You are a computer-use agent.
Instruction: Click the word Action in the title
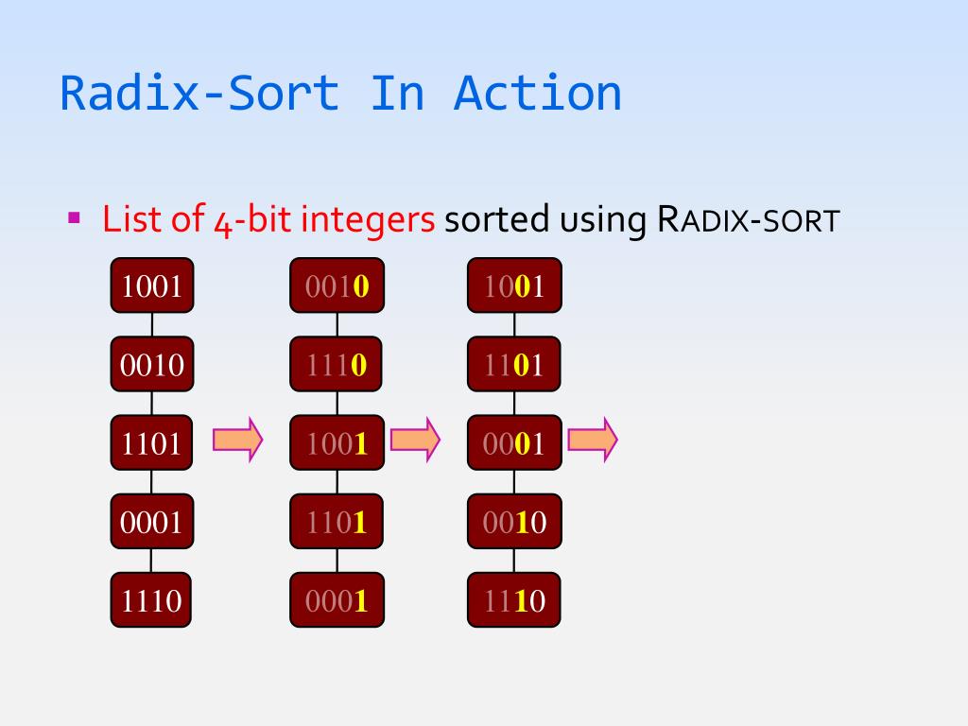[x=537, y=93]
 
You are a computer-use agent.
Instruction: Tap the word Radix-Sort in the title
[x=199, y=93]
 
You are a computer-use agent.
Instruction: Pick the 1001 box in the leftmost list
[x=152, y=285]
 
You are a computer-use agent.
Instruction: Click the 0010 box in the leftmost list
[x=152, y=364]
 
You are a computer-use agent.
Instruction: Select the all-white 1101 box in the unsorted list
[x=152, y=442]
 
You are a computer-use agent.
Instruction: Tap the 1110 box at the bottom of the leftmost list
[x=152, y=599]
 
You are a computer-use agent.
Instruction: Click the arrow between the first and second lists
[x=237, y=441]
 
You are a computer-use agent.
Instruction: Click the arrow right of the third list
[x=593, y=441]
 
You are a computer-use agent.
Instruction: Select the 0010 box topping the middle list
[x=337, y=285]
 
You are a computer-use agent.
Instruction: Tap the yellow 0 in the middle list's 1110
[x=358, y=365]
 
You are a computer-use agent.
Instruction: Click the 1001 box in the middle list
[x=337, y=442]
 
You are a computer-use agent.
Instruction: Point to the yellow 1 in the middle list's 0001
[x=359, y=600]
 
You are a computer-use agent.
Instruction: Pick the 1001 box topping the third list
[x=514, y=285]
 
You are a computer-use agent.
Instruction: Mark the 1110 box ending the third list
[x=514, y=599]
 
